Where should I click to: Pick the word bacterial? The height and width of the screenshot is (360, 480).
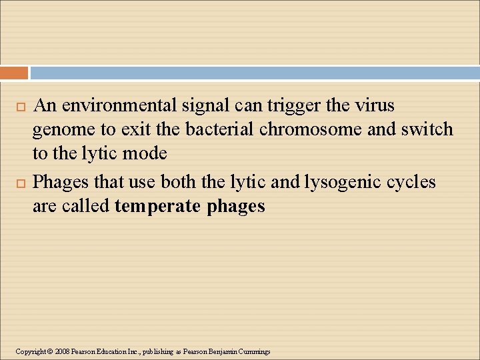pyautogui.click(x=220, y=129)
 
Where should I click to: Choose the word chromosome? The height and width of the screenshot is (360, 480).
pyautogui.click(x=311, y=129)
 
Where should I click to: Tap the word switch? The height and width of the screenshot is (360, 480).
pyautogui.click(x=427, y=129)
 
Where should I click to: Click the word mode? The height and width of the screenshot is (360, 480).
pyautogui.click(x=147, y=153)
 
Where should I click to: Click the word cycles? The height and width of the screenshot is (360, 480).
pyautogui.click(x=410, y=182)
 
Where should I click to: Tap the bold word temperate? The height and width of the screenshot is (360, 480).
pyautogui.click(x=157, y=207)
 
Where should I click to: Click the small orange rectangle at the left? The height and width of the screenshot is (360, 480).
pyautogui.click(x=14, y=73)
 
